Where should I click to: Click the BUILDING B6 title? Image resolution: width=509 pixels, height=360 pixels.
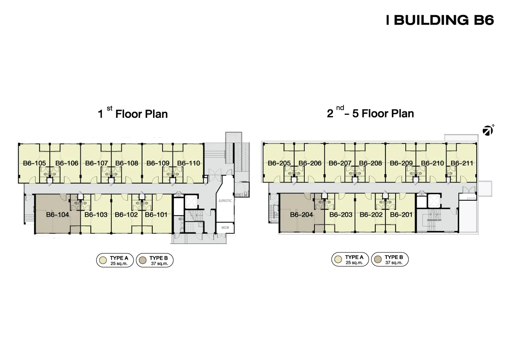click(x=440, y=20)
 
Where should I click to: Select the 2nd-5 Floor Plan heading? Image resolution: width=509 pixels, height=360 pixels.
click(x=370, y=112)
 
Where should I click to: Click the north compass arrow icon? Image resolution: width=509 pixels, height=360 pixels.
click(x=488, y=130)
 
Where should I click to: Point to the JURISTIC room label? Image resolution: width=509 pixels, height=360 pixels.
click(x=225, y=201)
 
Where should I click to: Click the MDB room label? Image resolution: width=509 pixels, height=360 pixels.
click(x=225, y=228)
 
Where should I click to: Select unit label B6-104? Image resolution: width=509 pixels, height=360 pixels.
click(x=57, y=215)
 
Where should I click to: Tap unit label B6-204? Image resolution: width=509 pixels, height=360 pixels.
click(x=301, y=215)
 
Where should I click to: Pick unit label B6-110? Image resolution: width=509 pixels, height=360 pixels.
click(x=189, y=163)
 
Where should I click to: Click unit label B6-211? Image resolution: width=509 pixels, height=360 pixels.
click(x=462, y=163)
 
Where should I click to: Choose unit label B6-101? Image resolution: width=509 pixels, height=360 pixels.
click(x=156, y=215)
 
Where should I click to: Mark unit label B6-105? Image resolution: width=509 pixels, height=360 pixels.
click(x=35, y=163)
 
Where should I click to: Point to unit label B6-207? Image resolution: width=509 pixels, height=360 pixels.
click(x=340, y=163)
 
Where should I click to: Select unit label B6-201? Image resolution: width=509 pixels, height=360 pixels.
click(x=401, y=215)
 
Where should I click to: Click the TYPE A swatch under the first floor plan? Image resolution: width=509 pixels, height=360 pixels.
click(x=103, y=260)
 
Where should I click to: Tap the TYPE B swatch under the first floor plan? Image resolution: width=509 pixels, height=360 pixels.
click(x=143, y=260)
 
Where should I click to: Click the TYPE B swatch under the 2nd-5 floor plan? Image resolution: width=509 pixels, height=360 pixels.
click(x=378, y=259)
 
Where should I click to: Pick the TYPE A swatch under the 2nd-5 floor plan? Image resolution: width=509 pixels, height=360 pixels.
click(x=338, y=259)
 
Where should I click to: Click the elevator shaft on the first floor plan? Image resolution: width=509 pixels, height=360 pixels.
click(x=191, y=201)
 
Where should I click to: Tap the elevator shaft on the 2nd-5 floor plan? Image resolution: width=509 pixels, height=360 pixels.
click(x=434, y=200)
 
